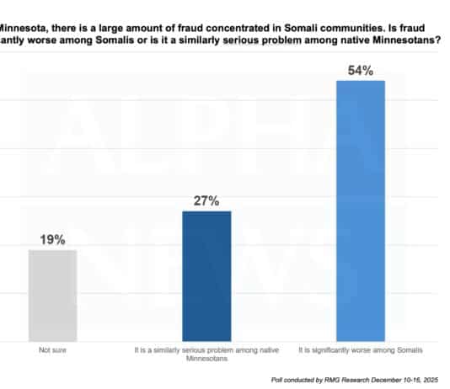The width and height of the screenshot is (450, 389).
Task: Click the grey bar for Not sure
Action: (x=52, y=295)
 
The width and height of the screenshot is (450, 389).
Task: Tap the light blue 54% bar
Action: (x=361, y=210)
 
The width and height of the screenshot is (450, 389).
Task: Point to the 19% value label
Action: (x=52, y=240)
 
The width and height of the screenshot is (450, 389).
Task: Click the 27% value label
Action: (x=206, y=200)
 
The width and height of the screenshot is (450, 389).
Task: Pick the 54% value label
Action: (x=361, y=70)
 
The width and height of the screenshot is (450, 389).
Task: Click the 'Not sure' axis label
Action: (x=52, y=348)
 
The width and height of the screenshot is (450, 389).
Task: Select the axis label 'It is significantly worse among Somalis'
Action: (x=361, y=348)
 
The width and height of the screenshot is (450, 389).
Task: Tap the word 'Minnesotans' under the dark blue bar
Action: (x=206, y=357)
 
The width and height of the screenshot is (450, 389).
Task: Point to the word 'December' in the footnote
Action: (x=384, y=380)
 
